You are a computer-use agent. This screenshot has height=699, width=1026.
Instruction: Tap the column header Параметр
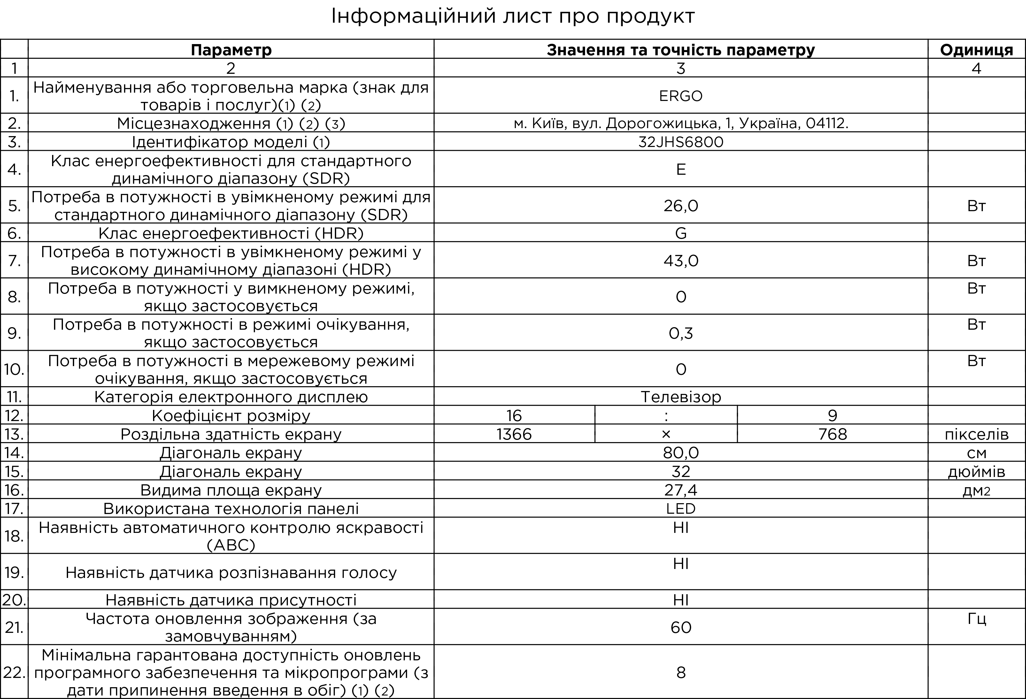[x=231, y=50]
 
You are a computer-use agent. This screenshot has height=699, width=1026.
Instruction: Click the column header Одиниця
[x=976, y=50]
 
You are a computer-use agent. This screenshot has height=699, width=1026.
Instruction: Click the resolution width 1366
[x=514, y=434]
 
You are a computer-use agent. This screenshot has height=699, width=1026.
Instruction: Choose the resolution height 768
[x=832, y=434]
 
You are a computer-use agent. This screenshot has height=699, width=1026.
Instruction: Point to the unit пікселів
[x=976, y=435]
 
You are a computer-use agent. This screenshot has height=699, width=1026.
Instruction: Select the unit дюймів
[x=976, y=472]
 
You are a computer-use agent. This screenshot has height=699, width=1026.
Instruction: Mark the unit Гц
[x=976, y=619]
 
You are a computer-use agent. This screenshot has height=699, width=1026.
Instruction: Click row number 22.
[x=14, y=672]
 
